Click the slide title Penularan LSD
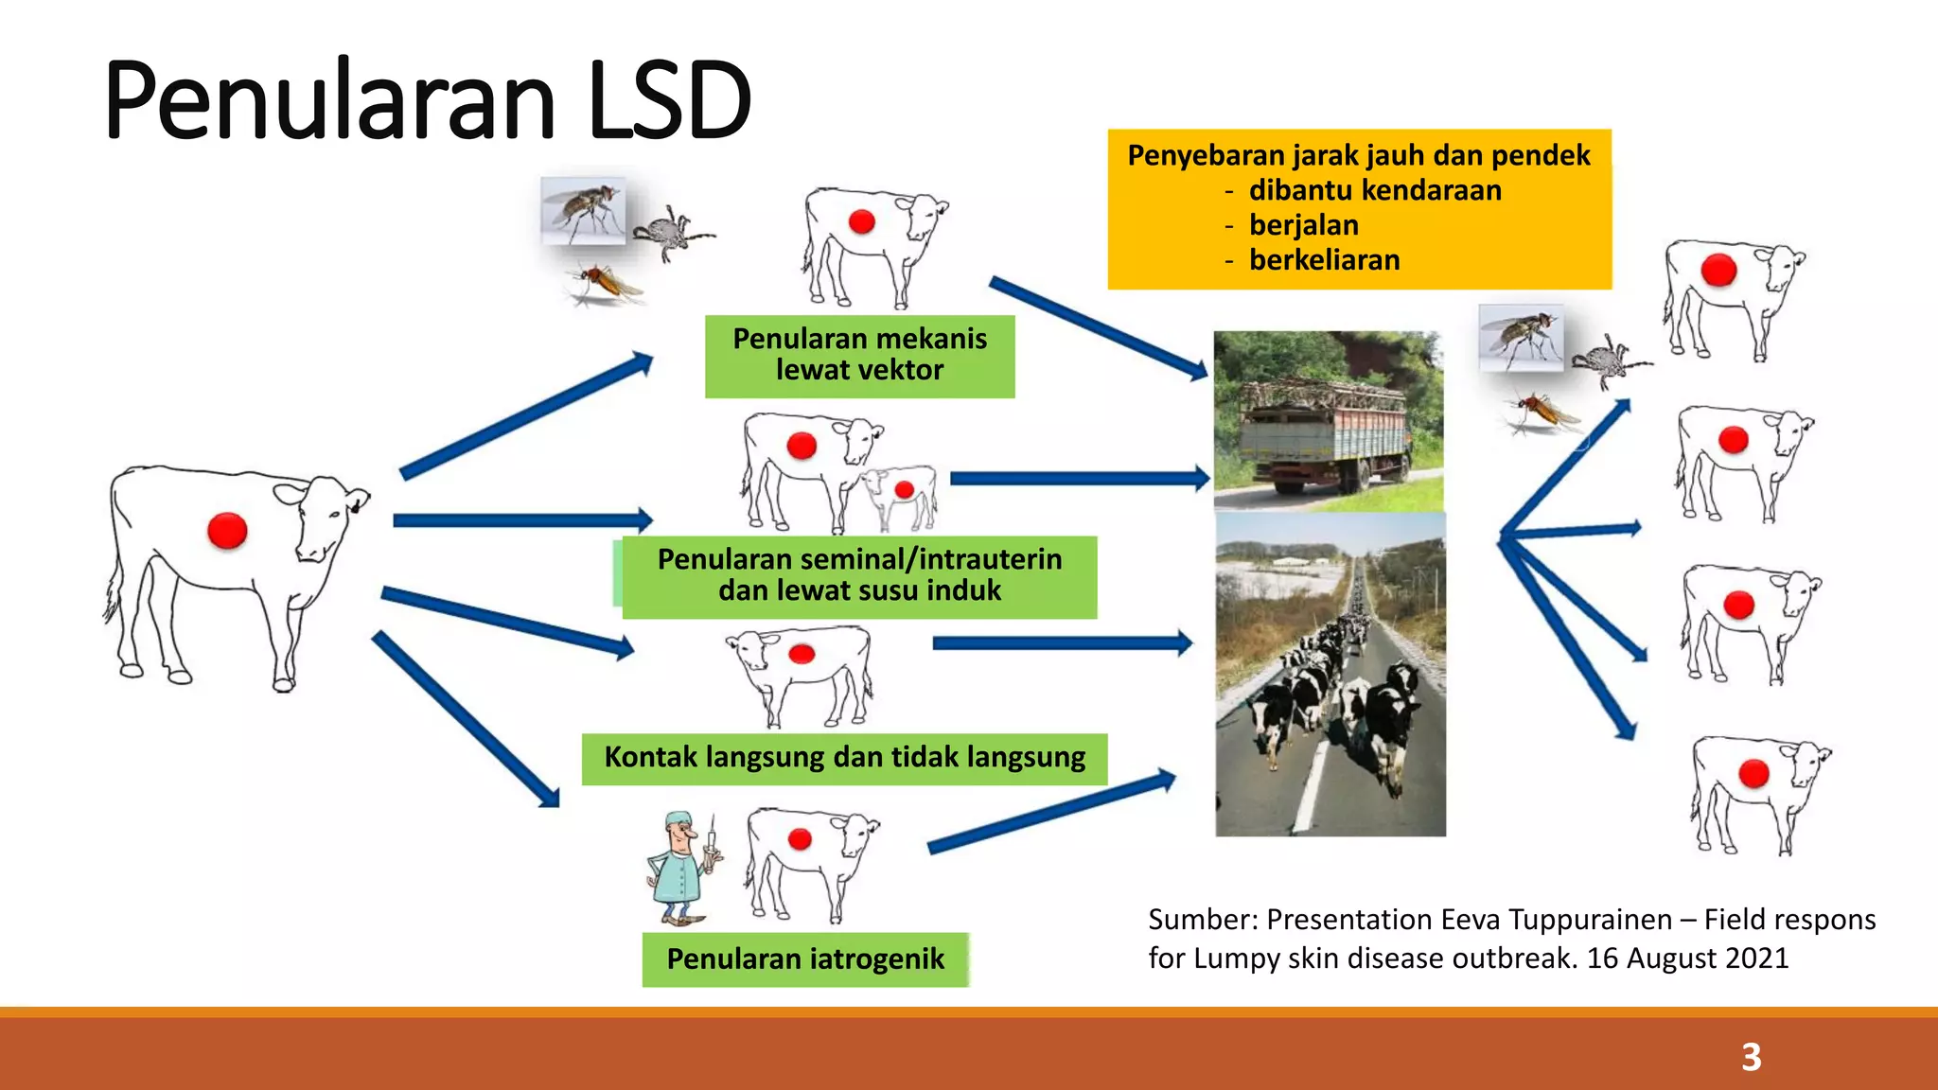coord(428,100)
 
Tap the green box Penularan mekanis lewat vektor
coord(859,355)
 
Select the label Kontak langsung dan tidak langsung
coord(844,758)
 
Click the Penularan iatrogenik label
coord(804,959)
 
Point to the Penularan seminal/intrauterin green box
coord(859,575)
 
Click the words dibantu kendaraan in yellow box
coord(1374,190)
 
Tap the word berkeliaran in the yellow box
coord(1324,260)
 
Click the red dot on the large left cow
coord(227,531)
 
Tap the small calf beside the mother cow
coord(899,497)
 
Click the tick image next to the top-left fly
coord(670,232)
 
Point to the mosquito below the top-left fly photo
coord(606,284)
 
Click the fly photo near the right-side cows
coord(1521,337)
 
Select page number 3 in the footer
coord(1751,1057)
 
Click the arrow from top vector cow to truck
coord(1098,327)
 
